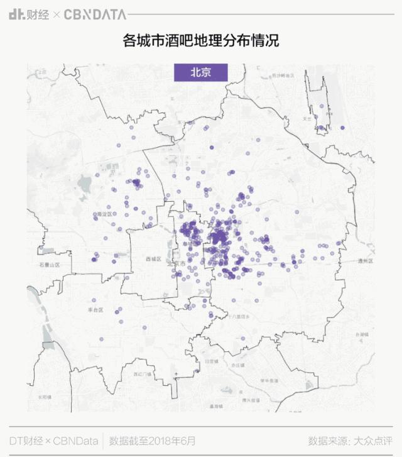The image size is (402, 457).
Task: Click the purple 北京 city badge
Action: click(x=200, y=72)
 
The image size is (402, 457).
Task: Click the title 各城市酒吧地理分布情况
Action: click(x=200, y=41)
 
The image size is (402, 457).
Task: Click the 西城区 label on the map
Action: click(x=153, y=258)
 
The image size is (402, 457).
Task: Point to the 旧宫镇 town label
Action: click(x=211, y=362)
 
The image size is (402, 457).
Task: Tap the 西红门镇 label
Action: click(x=142, y=374)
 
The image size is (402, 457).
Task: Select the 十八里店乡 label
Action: click(x=239, y=316)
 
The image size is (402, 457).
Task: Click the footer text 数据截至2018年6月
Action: click(x=153, y=440)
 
